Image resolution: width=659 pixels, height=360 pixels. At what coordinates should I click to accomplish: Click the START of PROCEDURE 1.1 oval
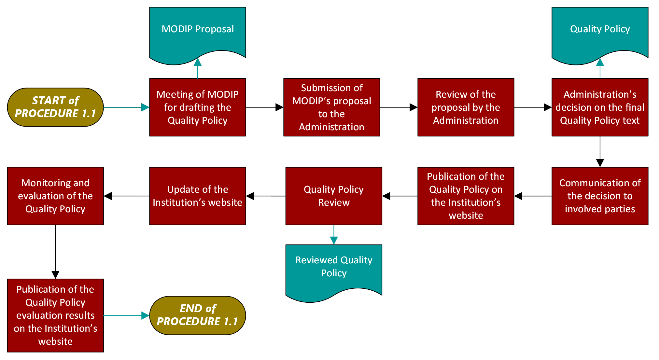click(55, 107)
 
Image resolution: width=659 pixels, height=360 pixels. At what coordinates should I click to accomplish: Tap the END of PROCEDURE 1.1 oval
click(197, 315)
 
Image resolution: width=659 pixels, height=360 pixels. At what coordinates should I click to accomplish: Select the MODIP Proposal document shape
click(197, 33)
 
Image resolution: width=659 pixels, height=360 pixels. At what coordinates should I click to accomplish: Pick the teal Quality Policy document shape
click(600, 33)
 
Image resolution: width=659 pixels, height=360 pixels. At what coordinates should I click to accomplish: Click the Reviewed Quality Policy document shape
click(333, 270)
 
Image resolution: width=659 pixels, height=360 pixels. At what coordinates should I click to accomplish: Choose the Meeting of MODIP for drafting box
click(197, 107)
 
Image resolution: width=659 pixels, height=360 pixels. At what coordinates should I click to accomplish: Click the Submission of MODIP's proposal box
click(331, 107)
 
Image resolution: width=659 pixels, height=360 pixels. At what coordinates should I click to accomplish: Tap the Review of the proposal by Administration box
click(466, 107)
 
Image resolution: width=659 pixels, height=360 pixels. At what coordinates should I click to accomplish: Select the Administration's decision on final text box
click(600, 107)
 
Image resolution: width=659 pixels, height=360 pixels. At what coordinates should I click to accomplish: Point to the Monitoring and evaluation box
click(55, 196)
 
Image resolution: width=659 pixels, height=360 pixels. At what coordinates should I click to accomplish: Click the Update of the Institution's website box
click(197, 196)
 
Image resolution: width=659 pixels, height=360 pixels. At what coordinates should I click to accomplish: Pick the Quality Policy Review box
click(333, 196)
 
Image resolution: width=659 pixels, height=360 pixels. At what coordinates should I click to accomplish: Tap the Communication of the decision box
click(600, 196)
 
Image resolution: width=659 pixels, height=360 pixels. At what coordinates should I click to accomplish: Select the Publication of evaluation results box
click(55, 315)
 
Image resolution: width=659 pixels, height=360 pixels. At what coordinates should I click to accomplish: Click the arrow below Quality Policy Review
click(334, 234)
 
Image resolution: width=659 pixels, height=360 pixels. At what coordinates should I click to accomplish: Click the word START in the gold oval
click(49, 101)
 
